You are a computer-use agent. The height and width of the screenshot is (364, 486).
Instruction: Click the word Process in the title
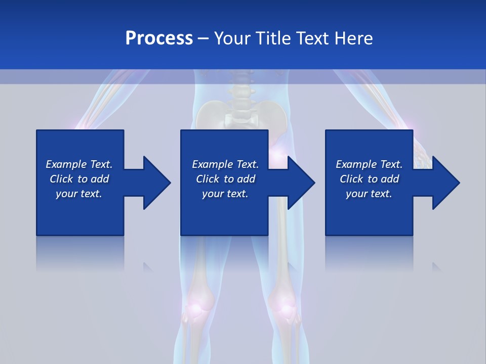point(159,38)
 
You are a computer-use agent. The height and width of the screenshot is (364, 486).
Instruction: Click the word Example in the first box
point(66,164)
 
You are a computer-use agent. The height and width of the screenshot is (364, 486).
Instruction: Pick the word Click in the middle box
point(207,179)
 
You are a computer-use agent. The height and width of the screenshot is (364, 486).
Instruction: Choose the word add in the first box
point(100,179)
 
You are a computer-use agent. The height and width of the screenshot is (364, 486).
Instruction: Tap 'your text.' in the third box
point(369,194)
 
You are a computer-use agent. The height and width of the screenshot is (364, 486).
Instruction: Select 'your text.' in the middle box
point(225,194)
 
